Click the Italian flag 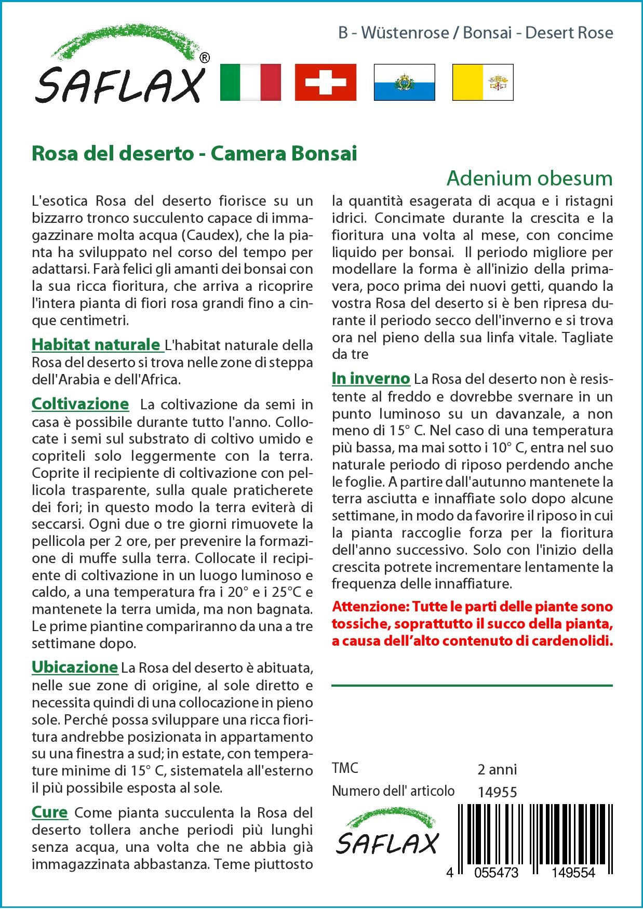pyautogui.click(x=250, y=82)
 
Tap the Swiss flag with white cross pyautogui.click(x=326, y=82)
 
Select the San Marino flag pyautogui.click(x=404, y=82)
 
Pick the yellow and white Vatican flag pyautogui.click(x=483, y=82)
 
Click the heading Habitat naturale pyautogui.click(x=96, y=344)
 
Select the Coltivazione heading pyautogui.click(x=80, y=404)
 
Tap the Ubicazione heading pyautogui.click(x=75, y=667)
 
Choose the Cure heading pyautogui.click(x=49, y=812)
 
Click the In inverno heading pyautogui.click(x=371, y=379)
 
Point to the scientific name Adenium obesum pyautogui.click(x=529, y=178)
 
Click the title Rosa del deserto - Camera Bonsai pyautogui.click(x=194, y=154)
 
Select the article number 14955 pyautogui.click(x=497, y=792)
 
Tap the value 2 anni pyautogui.click(x=497, y=769)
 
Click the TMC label pyautogui.click(x=345, y=768)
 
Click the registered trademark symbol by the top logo pyautogui.click(x=205, y=58)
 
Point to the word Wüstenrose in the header pyautogui.click(x=405, y=33)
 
